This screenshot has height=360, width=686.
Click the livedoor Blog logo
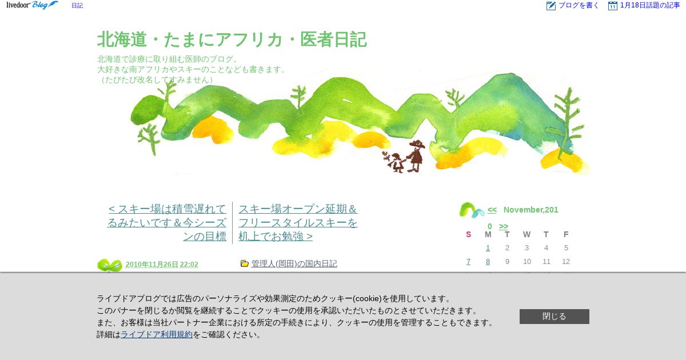coord(32,5)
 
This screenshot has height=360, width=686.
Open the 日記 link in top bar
coord(77,6)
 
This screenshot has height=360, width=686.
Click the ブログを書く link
coord(578,5)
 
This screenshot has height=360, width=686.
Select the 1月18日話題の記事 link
coord(650,5)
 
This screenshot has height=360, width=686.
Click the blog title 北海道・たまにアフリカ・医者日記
coord(232,39)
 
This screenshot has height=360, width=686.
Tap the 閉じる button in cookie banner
coord(555,316)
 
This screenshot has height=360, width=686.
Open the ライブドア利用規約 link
coord(157,334)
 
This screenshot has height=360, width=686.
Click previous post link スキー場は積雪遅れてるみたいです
coord(167,222)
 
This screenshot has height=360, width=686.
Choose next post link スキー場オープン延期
coord(298,222)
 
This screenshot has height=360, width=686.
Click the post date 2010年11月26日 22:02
coord(162,264)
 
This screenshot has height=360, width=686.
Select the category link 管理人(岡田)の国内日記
coord(294,263)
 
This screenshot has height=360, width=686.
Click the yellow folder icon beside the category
coord(245,263)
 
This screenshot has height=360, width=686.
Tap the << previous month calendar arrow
coord(492,210)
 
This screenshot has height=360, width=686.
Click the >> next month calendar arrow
coord(504,226)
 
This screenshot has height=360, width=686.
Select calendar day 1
coord(488,247)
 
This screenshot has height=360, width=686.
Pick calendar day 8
coord(488,262)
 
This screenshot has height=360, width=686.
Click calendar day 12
coord(566,262)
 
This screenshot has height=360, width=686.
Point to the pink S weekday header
coord(468,234)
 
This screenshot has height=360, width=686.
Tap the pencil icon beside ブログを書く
coord(551,6)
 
